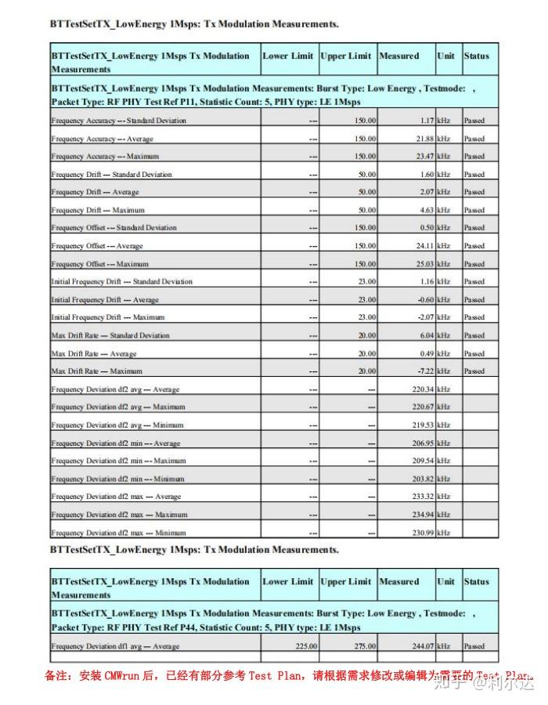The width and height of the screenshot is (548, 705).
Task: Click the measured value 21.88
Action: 424,139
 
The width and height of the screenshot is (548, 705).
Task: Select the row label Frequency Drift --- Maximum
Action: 96,210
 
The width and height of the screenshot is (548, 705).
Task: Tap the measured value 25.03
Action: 424,264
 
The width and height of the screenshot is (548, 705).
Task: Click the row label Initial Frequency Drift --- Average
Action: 105,300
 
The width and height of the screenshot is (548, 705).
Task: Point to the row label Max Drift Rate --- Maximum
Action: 97,371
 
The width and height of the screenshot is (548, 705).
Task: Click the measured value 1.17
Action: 427,121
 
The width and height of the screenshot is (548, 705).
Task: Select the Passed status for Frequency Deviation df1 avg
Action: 474,646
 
